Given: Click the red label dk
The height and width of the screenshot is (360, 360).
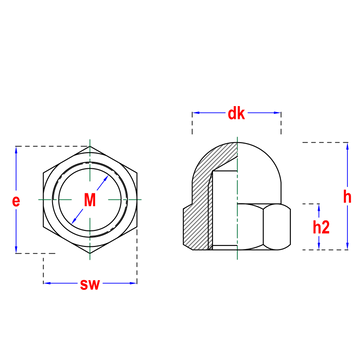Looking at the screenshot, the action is [x=236, y=114].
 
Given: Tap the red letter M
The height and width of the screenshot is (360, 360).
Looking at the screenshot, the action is [x=90, y=200].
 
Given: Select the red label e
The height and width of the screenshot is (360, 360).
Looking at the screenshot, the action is [x=16, y=201].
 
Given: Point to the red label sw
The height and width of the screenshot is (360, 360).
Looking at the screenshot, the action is [x=90, y=284].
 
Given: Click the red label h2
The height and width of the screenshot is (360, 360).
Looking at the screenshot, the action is [x=321, y=227].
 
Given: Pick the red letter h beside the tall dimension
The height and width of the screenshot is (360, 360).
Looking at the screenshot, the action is [x=347, y=197].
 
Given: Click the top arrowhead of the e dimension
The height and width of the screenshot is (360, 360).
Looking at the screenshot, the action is [x=16, y=151].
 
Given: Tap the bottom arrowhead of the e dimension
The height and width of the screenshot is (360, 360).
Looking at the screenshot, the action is [x=16, y=249].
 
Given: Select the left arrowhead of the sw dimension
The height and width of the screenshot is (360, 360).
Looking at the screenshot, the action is [x=48, y=283].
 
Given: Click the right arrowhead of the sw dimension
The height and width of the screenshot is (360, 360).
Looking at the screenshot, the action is [x=132, y=283].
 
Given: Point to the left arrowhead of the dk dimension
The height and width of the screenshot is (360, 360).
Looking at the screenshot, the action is [x=197, y=113].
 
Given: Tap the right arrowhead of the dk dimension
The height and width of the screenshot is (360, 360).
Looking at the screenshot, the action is [x=277, y=113].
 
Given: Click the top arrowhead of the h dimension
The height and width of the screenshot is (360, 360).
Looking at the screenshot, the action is [x=347, y=147].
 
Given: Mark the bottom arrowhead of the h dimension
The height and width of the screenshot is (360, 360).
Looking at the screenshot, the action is [x=347, y=245].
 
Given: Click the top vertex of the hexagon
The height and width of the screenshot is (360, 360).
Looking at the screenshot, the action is [x=90, y=147].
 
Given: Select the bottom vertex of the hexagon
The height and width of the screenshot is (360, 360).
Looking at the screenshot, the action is [x=90, y=253].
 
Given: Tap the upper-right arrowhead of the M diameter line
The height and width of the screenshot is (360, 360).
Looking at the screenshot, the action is [x=105, y=179].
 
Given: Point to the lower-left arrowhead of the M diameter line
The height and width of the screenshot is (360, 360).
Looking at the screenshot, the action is [x=75, y=220].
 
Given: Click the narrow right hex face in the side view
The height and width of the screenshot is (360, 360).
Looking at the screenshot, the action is [x=277, y=227].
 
